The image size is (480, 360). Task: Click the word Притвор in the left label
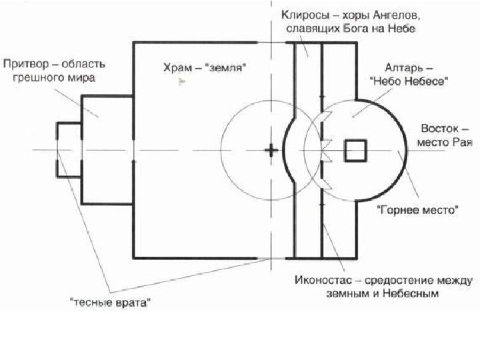click(x=24, y=65)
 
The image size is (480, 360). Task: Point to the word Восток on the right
click(x=439, y=129)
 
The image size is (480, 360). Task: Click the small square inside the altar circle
click(x=355, y=151)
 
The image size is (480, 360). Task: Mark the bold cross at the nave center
click(x=271, y=150)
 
